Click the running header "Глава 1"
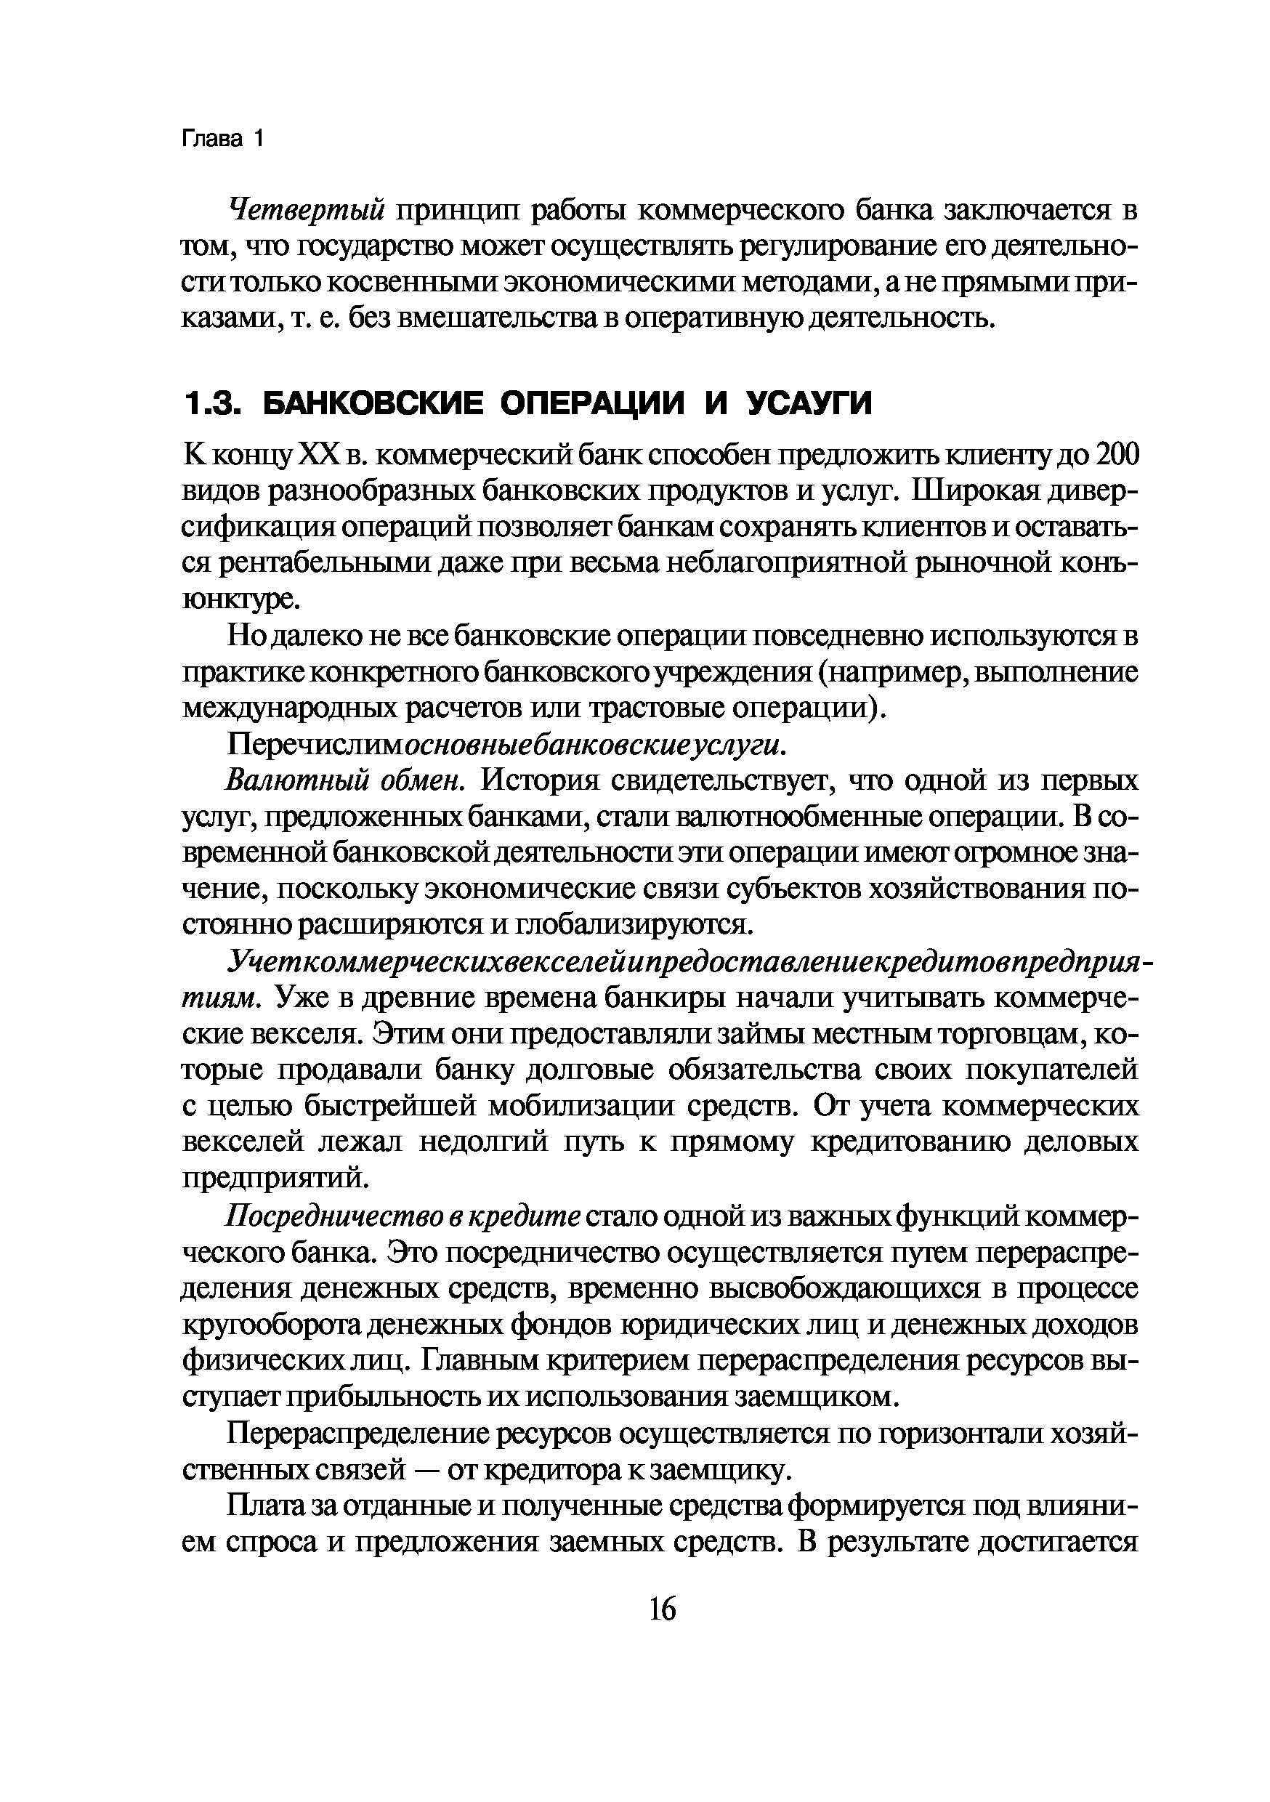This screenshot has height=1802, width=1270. pyautogui.click(x=224, y=139)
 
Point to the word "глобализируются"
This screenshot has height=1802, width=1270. pyautogui.click(x=633, y=924)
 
